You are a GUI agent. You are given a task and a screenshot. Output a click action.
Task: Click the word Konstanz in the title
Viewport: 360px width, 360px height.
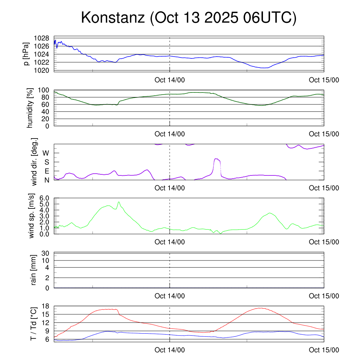pos(112,18)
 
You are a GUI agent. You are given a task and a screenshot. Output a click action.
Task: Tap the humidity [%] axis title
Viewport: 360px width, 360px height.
pos(30,108)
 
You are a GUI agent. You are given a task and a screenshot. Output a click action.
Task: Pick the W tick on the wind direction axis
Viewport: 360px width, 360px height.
pos(46,153)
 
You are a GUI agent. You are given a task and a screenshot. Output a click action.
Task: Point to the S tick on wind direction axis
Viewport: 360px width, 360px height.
pos(47,162)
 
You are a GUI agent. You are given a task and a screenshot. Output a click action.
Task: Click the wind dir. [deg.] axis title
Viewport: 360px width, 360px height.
pos(34,162)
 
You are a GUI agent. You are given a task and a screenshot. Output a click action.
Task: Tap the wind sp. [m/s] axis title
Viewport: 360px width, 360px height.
pos(32,216)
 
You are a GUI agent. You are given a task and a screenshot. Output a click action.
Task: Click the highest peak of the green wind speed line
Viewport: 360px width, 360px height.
pos(119,202)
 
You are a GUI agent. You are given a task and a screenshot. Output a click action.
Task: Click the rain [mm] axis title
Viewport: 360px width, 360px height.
pos(34,270)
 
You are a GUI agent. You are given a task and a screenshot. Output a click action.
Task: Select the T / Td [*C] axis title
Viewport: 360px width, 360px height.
pos(34,323)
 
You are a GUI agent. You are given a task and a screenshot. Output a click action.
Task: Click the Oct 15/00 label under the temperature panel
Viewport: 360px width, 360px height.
pos(324,350)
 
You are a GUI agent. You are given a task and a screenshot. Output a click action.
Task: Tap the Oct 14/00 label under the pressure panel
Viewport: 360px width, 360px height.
pos(169,80)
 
